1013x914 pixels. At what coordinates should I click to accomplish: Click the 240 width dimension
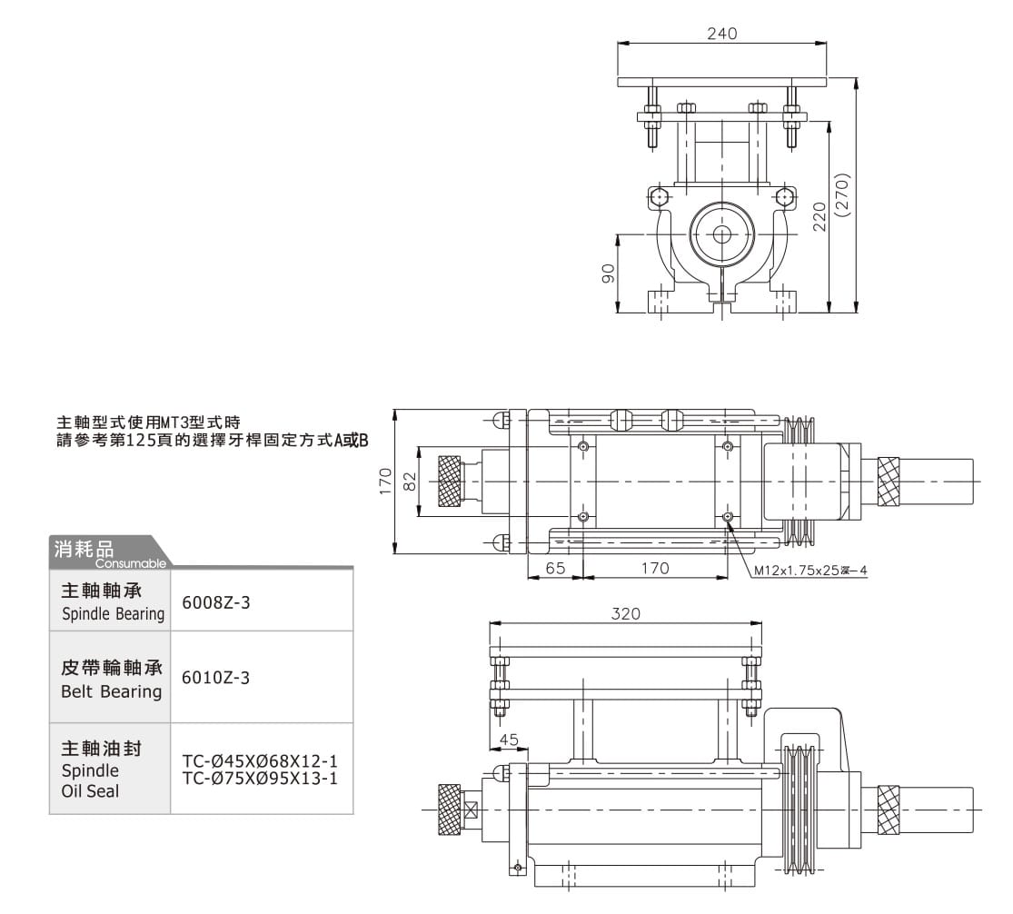click(721, 34)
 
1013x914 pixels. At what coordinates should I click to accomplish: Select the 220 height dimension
click(819, 217)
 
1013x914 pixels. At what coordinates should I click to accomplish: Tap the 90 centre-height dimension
click(610, 273)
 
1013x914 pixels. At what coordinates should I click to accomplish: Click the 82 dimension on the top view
click(410, 481)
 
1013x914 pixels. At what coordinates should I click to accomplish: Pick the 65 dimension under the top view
click(556, 568)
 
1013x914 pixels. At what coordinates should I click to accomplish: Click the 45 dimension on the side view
click(509, 740)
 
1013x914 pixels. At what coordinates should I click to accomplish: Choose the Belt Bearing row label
click(111, 680)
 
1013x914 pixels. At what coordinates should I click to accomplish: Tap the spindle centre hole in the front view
click(722, 234)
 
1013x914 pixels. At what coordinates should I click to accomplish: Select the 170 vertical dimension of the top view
click(386, 481)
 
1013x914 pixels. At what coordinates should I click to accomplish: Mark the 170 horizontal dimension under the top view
click(654, 568)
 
